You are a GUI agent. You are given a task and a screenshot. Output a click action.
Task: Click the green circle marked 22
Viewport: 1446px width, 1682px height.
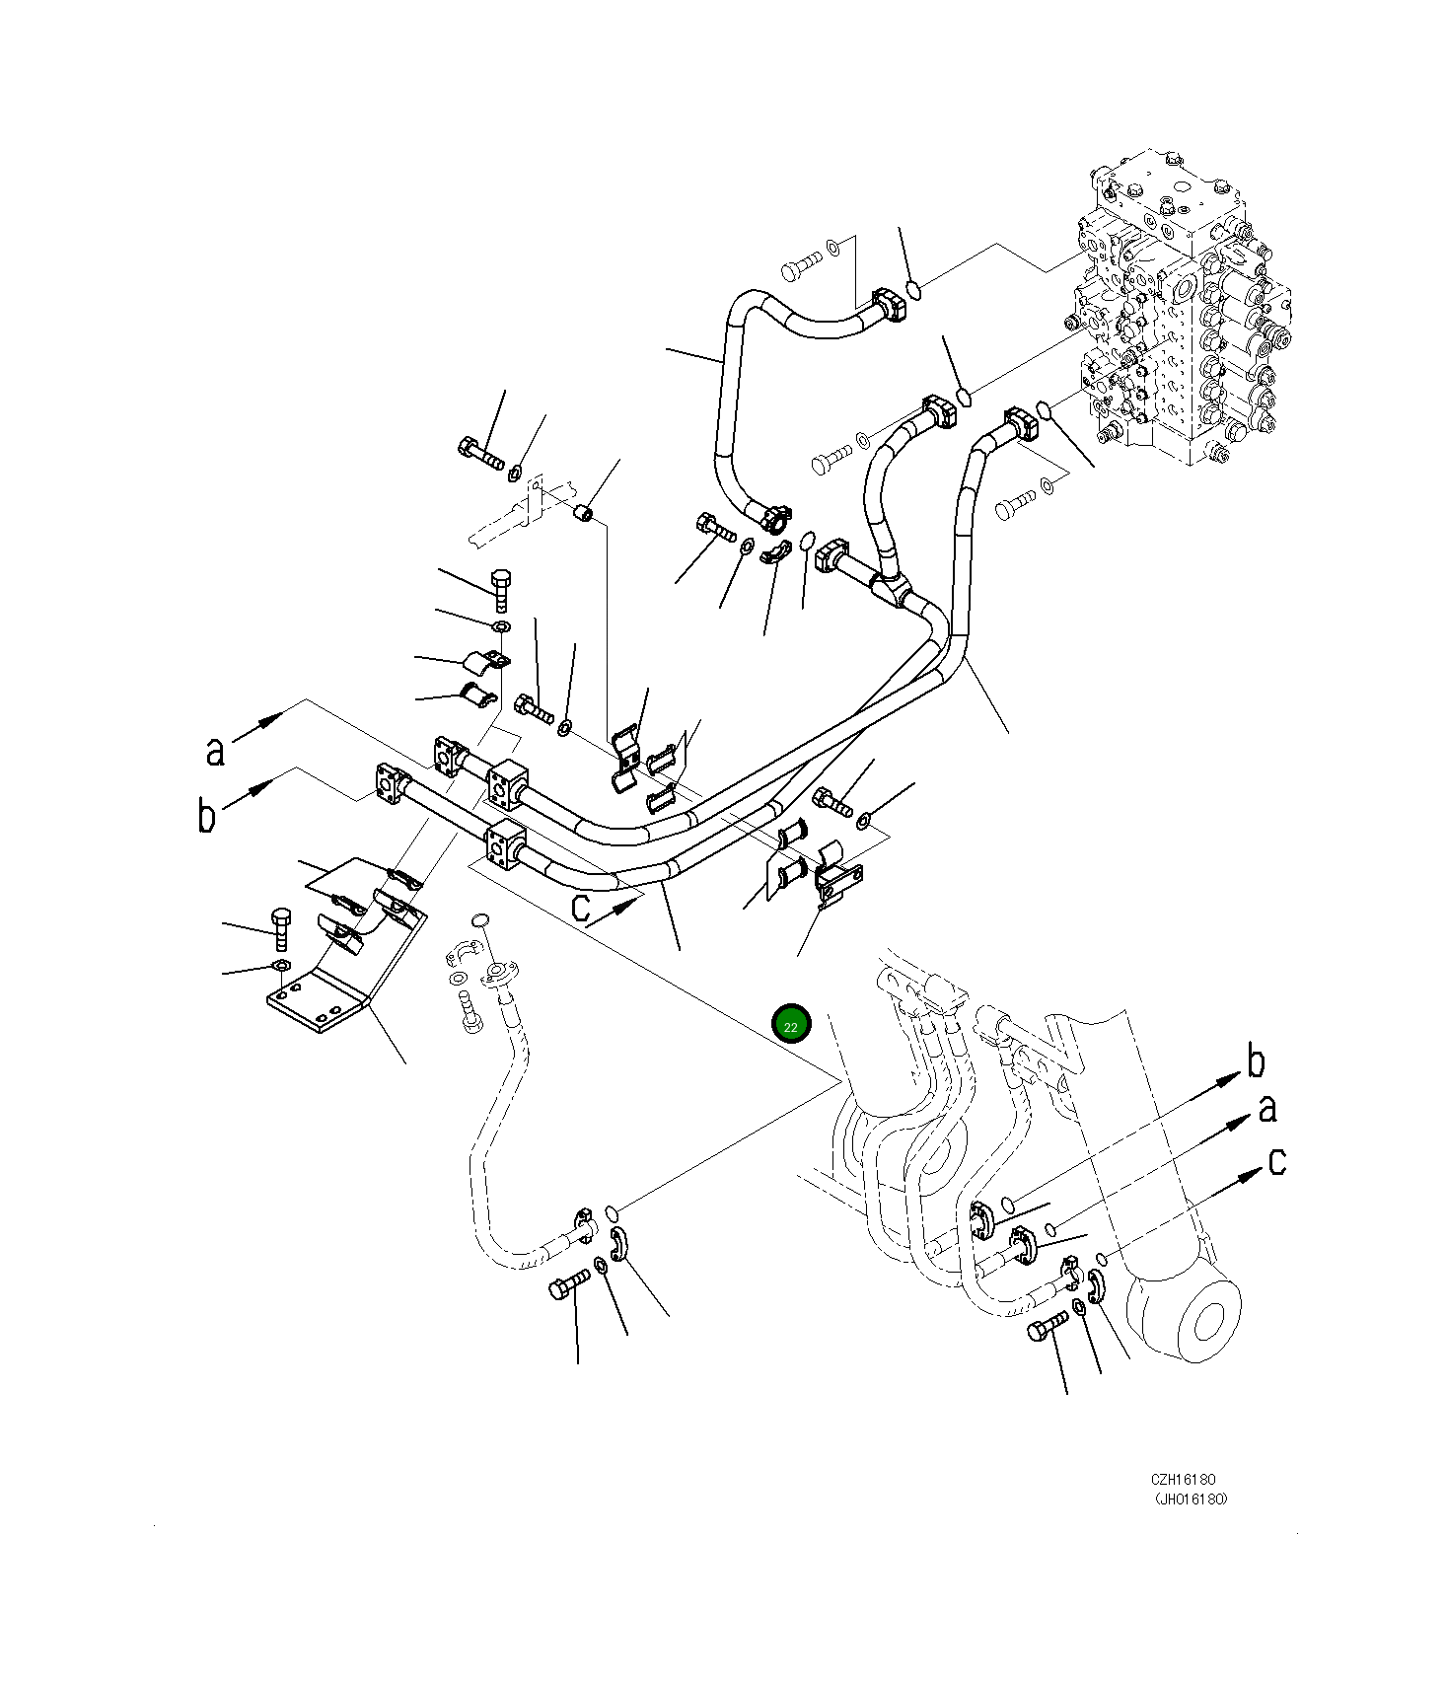coord(791,1026)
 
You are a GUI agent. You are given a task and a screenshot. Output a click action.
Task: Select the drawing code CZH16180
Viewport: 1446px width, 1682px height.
coord(1183,1480)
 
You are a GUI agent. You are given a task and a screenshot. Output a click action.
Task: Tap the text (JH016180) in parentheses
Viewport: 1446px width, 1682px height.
coord(1192,1499)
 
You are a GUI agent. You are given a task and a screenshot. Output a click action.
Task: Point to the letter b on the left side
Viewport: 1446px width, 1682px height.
coord(206,815)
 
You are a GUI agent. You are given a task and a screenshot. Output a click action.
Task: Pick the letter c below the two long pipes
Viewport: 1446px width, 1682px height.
coord(582,908)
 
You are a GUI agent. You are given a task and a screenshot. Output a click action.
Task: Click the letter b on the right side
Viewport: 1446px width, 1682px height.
coord(1255,1061)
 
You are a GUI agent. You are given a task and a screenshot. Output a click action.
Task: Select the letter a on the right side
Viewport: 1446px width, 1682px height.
coord(1267,1109)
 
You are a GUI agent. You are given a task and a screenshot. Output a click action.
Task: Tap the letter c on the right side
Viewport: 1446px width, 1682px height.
coord(1277,1161)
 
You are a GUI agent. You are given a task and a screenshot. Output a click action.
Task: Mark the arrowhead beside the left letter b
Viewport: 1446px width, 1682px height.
coord(261,787)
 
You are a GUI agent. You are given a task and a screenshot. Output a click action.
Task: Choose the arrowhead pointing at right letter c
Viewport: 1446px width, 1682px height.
coord(1250,1173)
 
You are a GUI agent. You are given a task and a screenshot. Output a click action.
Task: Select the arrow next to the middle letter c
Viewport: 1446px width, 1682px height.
coord(615,912)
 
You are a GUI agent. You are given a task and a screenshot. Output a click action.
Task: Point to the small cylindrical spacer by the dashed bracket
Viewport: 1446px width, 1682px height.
coord(584,513)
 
